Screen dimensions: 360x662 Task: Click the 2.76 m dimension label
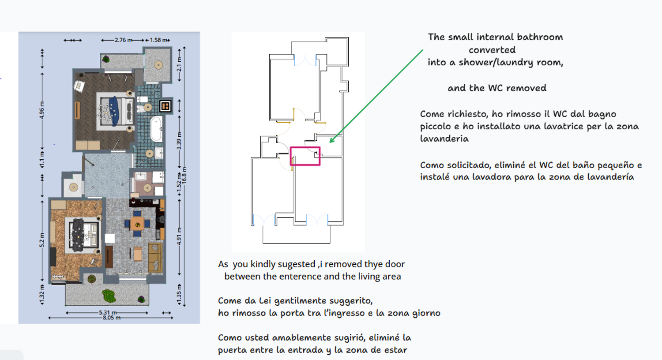(123, 40)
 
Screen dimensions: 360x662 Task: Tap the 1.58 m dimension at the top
(158, 40)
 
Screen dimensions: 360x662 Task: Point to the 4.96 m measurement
(42, 110)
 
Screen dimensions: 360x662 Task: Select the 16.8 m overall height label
(184, 175)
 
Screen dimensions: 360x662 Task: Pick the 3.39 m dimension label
(179, 140)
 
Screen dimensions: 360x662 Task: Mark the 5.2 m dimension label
(42, 240)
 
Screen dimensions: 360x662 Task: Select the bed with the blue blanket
(115, 110)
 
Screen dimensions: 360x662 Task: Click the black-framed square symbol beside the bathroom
(165, 106)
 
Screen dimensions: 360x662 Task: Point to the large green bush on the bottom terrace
(109, 295)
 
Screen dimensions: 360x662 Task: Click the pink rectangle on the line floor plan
(305, 156)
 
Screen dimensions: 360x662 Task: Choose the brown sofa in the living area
(155, 257)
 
